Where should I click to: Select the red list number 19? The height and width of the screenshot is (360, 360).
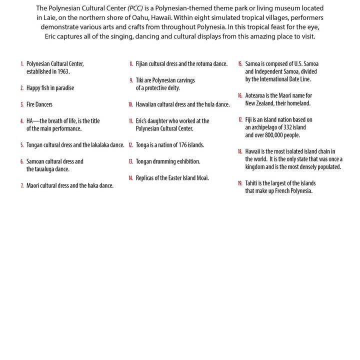tap(240, 183)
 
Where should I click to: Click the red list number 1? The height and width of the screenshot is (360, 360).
tap(22, 64)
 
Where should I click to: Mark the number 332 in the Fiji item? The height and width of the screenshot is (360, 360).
tap(287, 127)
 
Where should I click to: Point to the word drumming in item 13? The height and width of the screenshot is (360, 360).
tap(164, 161)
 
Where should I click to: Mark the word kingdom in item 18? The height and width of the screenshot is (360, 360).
tap(255, 167)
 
